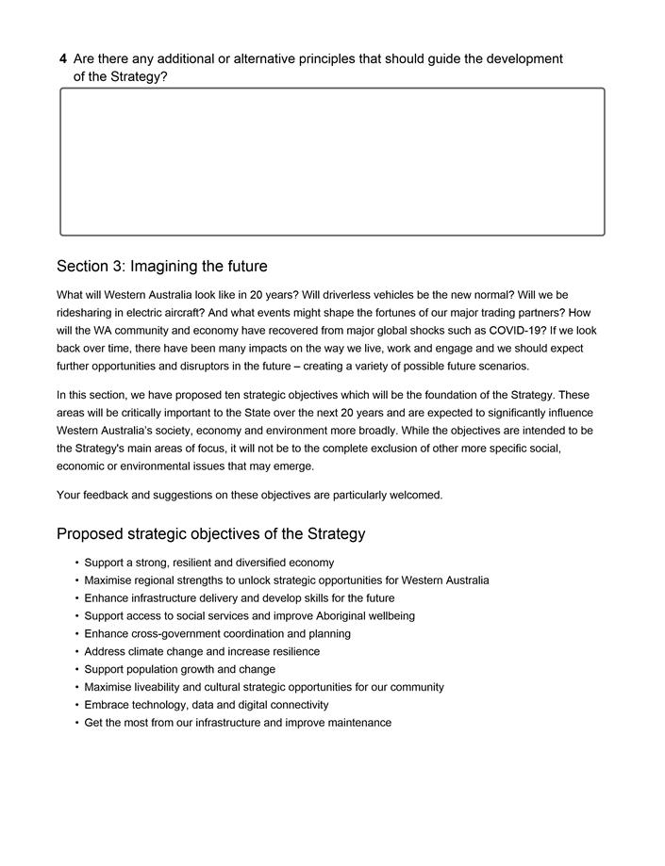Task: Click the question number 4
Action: point(62,59)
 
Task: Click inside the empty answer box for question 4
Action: point(332,161)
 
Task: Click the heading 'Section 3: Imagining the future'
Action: point(161,267)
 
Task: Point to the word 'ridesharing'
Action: point(86,313)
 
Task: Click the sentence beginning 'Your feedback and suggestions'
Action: point(249,495)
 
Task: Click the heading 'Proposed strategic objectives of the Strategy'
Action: point(210,534)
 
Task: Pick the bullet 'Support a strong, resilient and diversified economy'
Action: point(208,563)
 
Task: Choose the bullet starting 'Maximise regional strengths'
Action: point(286,580)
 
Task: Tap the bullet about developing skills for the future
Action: point(239,598)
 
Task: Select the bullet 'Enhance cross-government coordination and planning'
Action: point(217,634)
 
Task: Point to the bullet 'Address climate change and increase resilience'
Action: point(201,651)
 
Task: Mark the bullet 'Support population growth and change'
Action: point(179,669)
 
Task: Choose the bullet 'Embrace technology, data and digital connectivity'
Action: point(206,705)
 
